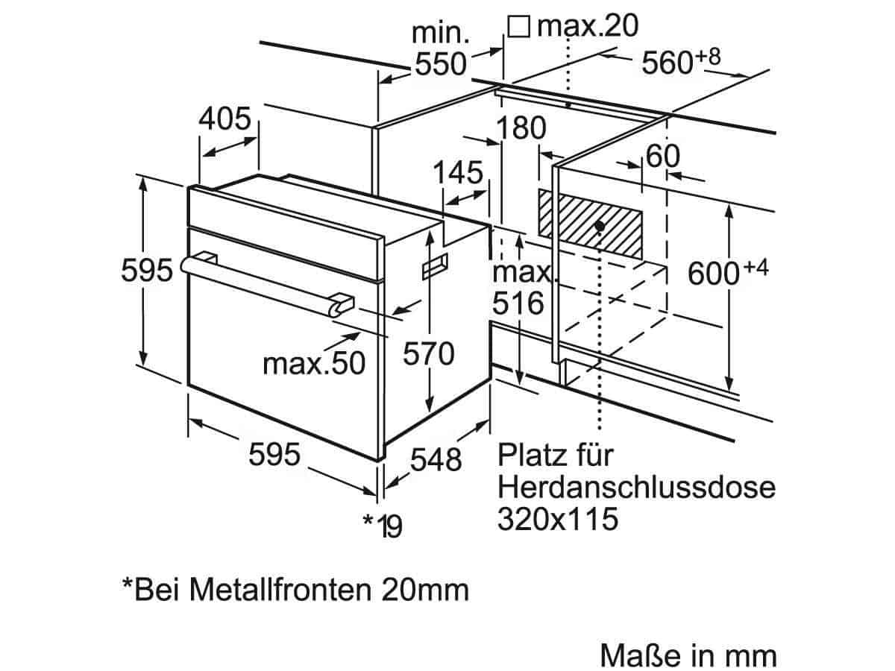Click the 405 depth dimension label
click(x=224, y=119)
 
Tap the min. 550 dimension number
click(x=440, y=64)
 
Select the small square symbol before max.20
click(x=519, y=27)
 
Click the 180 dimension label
click(x=521, y=128)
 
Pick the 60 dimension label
click(x=663, y=156)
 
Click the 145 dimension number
click(x=457, y=172)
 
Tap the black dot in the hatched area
click(x=600, y=225)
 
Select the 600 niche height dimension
click(x=728, y=272)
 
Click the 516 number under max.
click(x=518, y=303)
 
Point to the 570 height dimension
click(x=429, y=353)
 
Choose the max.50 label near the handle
click(x=314, y=363)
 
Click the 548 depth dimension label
click(x=436, y=460)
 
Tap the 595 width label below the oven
click(x=274, y=454)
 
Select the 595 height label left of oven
click(x=147, y=270)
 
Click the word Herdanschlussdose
click(x=636, y=487)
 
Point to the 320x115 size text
click(x=558, y=519)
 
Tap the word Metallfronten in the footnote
click(x=280, y=590)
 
